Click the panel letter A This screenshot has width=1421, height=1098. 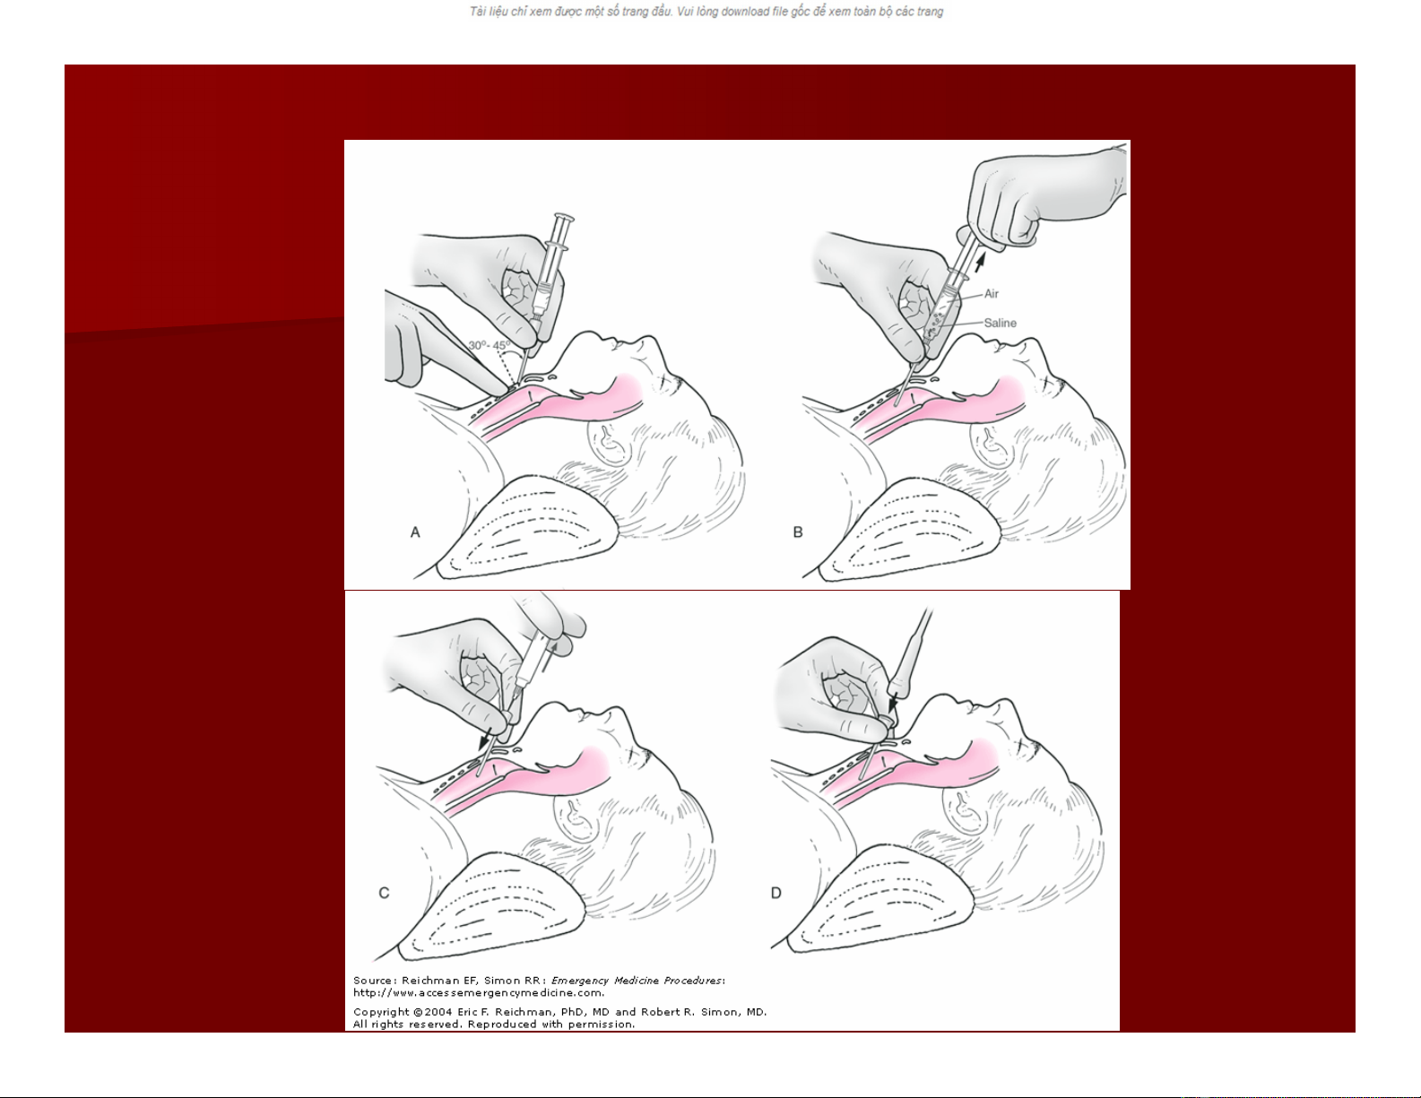[x=415, y=532]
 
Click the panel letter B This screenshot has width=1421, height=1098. [x=798, y=532]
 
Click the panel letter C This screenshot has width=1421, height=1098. [x=384, y=893]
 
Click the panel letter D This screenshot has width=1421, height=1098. [x=776, y=893]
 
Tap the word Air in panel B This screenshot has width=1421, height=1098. [x=992, y=294]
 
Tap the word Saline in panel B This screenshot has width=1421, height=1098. [x=1000, y=323]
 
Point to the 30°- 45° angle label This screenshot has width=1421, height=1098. [x=490, y=345]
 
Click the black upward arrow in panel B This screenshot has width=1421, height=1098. [x=980, y=263]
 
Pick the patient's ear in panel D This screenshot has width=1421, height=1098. [x=963, y=810]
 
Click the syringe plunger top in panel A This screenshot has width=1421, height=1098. [x=564, y=217]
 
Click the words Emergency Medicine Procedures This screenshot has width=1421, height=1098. [x=637, y=981]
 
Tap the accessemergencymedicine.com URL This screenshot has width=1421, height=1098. [x=479, y=993]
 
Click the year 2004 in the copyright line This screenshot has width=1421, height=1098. [x=438, y=1012]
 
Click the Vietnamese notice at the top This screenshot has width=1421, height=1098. [x=706, y=12]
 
